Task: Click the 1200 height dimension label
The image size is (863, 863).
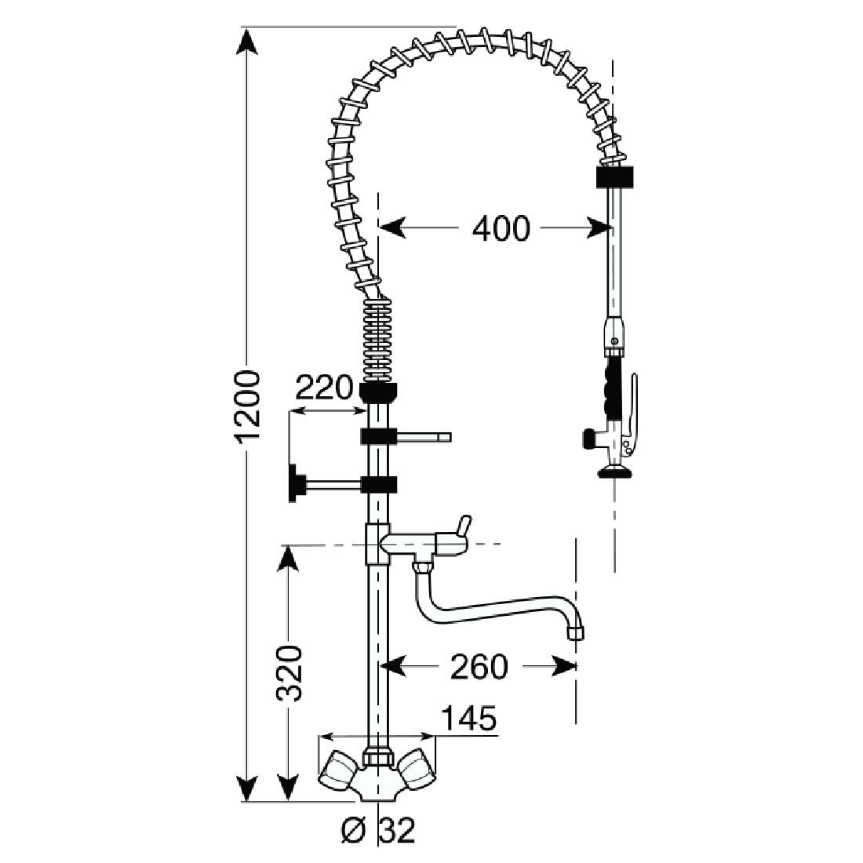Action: click(x=248, y=408)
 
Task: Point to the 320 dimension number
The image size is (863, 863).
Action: click(x=289, y=672)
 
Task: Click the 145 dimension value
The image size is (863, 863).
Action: click(x=468, y=718)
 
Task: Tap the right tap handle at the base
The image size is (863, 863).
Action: click(x=416, y=770)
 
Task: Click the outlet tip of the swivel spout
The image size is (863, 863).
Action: click(x=577, y=632)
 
